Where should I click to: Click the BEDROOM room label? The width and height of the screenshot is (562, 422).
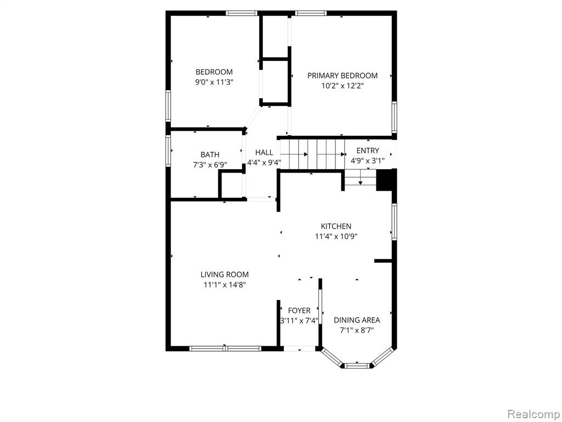tap(214, 72)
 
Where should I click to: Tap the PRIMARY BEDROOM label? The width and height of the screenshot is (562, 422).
tap(342, 75)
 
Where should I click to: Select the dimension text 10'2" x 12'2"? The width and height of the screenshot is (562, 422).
tap(342, 86)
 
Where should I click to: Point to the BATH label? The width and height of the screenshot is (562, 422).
tap(210, 154)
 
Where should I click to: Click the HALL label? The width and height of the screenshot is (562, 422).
tap(264, 152)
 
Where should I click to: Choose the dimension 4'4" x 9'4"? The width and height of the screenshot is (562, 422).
tap(264, 163)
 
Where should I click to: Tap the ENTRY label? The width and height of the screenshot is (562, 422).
tap(367, 151)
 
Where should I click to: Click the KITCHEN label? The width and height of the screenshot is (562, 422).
tap(336, 226)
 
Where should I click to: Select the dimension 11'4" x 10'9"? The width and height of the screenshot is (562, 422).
tap(336, 236)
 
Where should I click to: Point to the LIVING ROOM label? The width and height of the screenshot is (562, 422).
tap(224, 275)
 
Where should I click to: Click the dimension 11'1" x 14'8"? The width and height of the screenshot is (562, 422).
tap(224, 285)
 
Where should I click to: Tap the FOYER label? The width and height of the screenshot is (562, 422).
tap(299, 310)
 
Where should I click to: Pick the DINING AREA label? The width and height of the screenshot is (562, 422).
tap(357, 320)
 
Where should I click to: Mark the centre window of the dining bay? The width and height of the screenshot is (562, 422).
tap(357, 365)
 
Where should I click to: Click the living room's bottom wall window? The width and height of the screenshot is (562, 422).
tap(224, 348)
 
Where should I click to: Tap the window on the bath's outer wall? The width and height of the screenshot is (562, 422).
tap(168, 151)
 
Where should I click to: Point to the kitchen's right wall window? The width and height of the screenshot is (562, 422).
tap(394, 221)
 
